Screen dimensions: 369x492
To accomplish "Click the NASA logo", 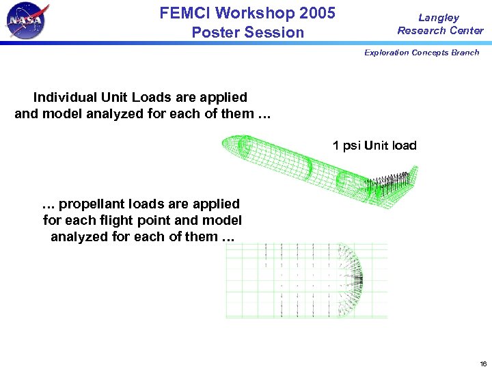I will tap(27, 21).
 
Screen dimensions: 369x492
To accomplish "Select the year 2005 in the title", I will tap(314, 13).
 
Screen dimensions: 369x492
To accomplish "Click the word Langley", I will tap(439, 18).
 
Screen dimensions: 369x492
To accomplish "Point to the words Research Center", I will tap(440, 30).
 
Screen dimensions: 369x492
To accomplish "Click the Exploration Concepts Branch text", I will tap(422, 53).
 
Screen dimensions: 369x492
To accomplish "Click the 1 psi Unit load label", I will tap(374, 146).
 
